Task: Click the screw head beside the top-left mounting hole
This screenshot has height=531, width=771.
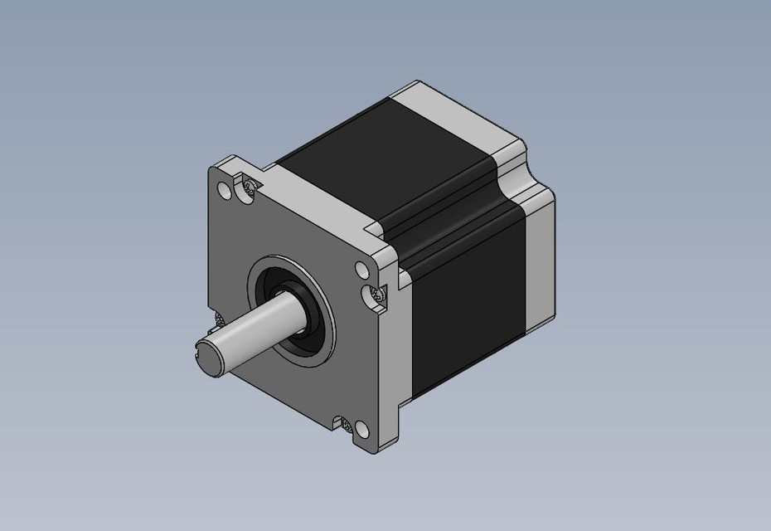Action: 248,188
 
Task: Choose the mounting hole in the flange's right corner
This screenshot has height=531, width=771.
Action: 361,270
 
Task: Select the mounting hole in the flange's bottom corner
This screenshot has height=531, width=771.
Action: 362,429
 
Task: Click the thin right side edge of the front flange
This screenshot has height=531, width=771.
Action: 394,357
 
